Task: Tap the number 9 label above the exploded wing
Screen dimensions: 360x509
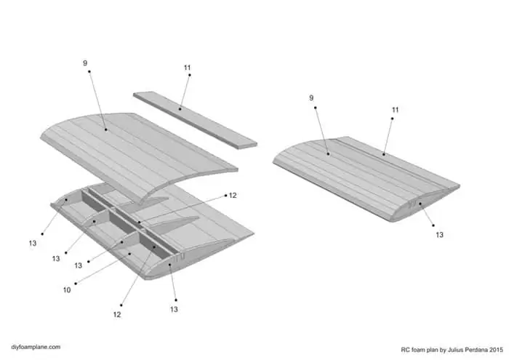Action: coord(85,63)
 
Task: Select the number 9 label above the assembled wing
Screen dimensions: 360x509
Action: coord(312,97)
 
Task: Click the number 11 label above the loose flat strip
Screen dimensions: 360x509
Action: coord(188,68)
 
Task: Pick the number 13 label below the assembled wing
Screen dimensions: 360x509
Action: coord(439,235)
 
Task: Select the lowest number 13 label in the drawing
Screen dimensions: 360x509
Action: coord(174,309)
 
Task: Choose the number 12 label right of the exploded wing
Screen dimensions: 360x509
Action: coord(233,196)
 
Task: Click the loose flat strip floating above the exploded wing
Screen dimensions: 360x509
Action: coord(196,119)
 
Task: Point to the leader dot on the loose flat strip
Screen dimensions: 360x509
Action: coord(179,109)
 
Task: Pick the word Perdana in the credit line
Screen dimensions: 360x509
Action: coord(470,348)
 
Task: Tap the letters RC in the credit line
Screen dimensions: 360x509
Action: coord(406,348)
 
